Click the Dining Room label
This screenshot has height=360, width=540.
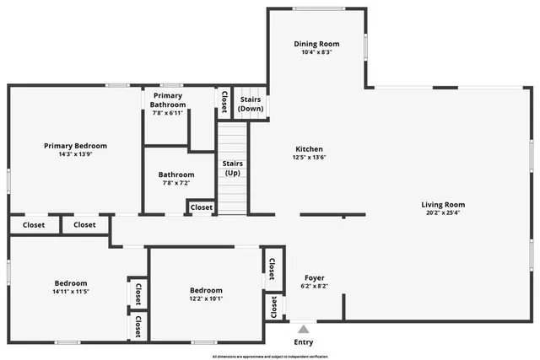pos(317,44)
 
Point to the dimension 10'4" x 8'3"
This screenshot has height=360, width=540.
pos(317,52)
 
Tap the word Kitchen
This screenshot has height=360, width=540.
pos(308,149)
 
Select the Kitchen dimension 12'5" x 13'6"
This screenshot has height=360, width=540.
pos(308,158)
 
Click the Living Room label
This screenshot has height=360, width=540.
pos(443,204)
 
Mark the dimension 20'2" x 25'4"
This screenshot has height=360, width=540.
pos(443,212)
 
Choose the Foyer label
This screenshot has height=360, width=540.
pos(314,277)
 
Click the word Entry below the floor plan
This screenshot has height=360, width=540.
pos(303,342)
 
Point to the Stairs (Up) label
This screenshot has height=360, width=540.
pos(232,168)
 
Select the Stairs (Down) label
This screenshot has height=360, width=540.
pos(250,104)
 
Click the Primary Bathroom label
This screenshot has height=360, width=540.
pos(168,100)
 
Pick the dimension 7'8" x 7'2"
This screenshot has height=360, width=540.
pos(175,183)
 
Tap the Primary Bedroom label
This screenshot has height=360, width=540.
pos(76,146)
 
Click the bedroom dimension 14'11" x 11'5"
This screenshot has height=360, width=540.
pos(71,292)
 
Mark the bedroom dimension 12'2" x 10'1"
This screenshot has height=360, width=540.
pos(206,298)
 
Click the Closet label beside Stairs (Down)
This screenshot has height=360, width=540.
pos(224,101)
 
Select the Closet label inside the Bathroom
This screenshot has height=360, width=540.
pos(201,207)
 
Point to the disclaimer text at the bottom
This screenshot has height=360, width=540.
pos(271,357)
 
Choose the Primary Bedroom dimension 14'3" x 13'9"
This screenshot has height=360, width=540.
pos(76,154)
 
